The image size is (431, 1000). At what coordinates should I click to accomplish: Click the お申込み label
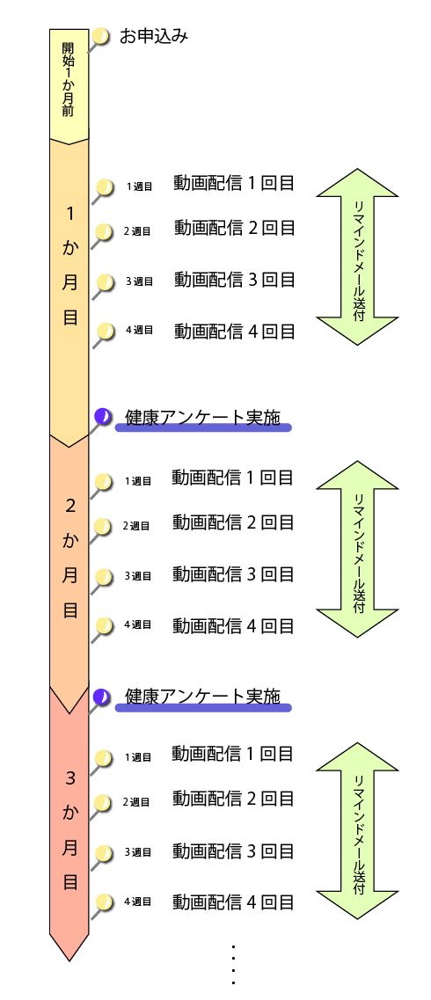(x=154, y=37)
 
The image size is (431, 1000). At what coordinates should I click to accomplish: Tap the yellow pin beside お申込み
(x=101, y=36)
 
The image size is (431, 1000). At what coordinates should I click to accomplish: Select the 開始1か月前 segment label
(x=69, y=80)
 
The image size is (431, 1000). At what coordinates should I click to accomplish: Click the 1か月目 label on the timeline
(x=69, y=266)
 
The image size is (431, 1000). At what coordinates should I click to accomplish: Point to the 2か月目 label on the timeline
(x=69, y=558)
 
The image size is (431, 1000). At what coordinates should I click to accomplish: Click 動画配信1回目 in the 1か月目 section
(x=234, y=183)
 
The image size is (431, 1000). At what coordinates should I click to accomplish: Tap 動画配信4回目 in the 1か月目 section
(x=234, y=331)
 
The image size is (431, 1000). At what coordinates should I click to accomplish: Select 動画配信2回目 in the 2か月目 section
(x=233, y=522)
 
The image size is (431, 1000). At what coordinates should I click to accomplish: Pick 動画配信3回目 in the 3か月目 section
(x=233, y=850)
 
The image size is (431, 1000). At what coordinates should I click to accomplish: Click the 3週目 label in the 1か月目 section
(x=139, y=281)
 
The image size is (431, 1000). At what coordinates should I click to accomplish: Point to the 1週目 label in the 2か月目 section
(x=138, y=481)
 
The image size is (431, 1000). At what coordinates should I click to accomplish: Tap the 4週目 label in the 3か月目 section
(x=138, y=901)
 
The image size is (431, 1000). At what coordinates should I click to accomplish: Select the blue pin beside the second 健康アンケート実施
(x=101, y=696)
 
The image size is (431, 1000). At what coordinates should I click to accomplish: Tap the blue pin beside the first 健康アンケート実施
(x=102, y=417)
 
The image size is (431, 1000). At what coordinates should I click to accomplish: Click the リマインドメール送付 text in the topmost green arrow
(x=358, y=257)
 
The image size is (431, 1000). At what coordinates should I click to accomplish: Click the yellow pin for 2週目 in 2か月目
(x=102, y=526)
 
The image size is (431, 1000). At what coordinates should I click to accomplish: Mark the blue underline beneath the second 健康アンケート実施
(x=203, y=707)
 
